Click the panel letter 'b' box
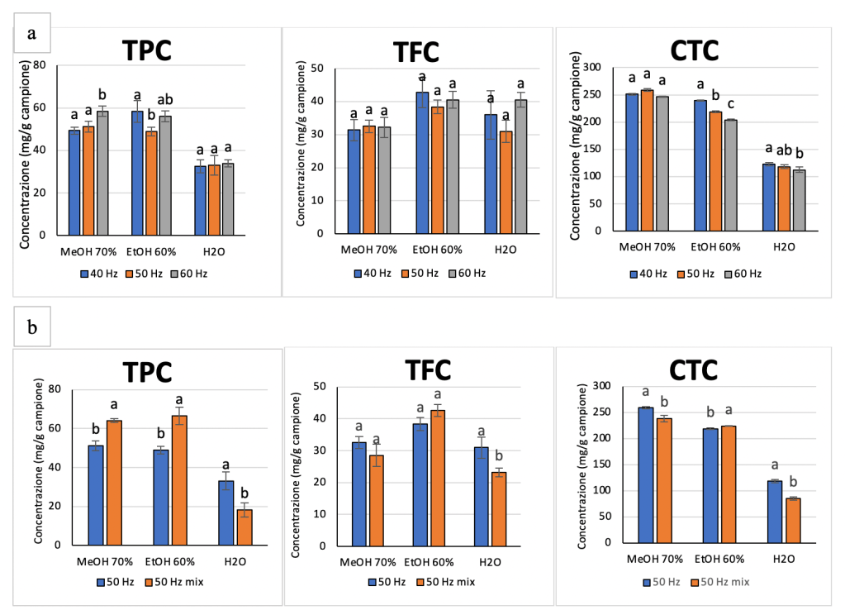[32, 327]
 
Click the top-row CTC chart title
[695, 50]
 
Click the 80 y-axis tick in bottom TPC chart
[55, 388]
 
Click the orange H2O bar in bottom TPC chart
[244, 527]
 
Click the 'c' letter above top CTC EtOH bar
[730, 105]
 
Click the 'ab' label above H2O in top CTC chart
[783, 150]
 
